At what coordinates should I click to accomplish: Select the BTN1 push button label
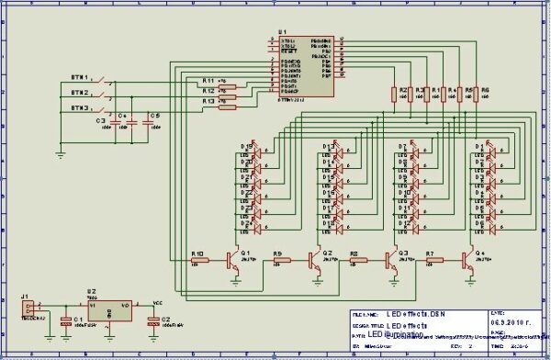click(x=80, y=76)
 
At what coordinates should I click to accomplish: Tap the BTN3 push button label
click(x=80, y=109)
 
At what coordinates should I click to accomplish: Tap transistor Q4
click(x=471, y=260)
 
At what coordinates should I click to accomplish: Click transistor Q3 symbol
click(x=392, y=260)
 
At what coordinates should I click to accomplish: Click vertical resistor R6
click(x=485, y=96)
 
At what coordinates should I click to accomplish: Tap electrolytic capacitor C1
click(x=65, y=321)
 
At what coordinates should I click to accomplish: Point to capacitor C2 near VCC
click(x=153, y=321)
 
